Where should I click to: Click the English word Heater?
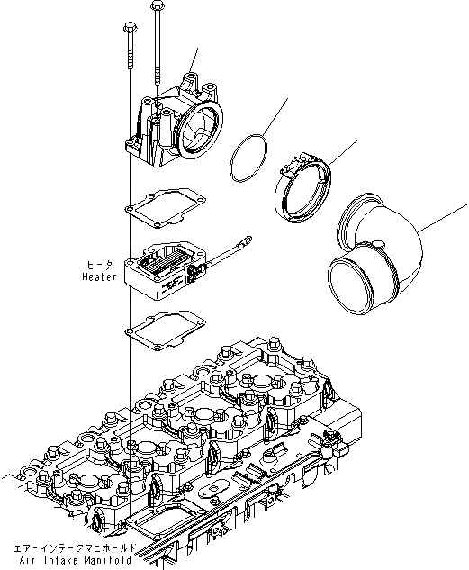(97, 278)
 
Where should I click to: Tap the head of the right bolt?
(159, 7)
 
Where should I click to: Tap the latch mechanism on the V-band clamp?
(291, 166)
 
